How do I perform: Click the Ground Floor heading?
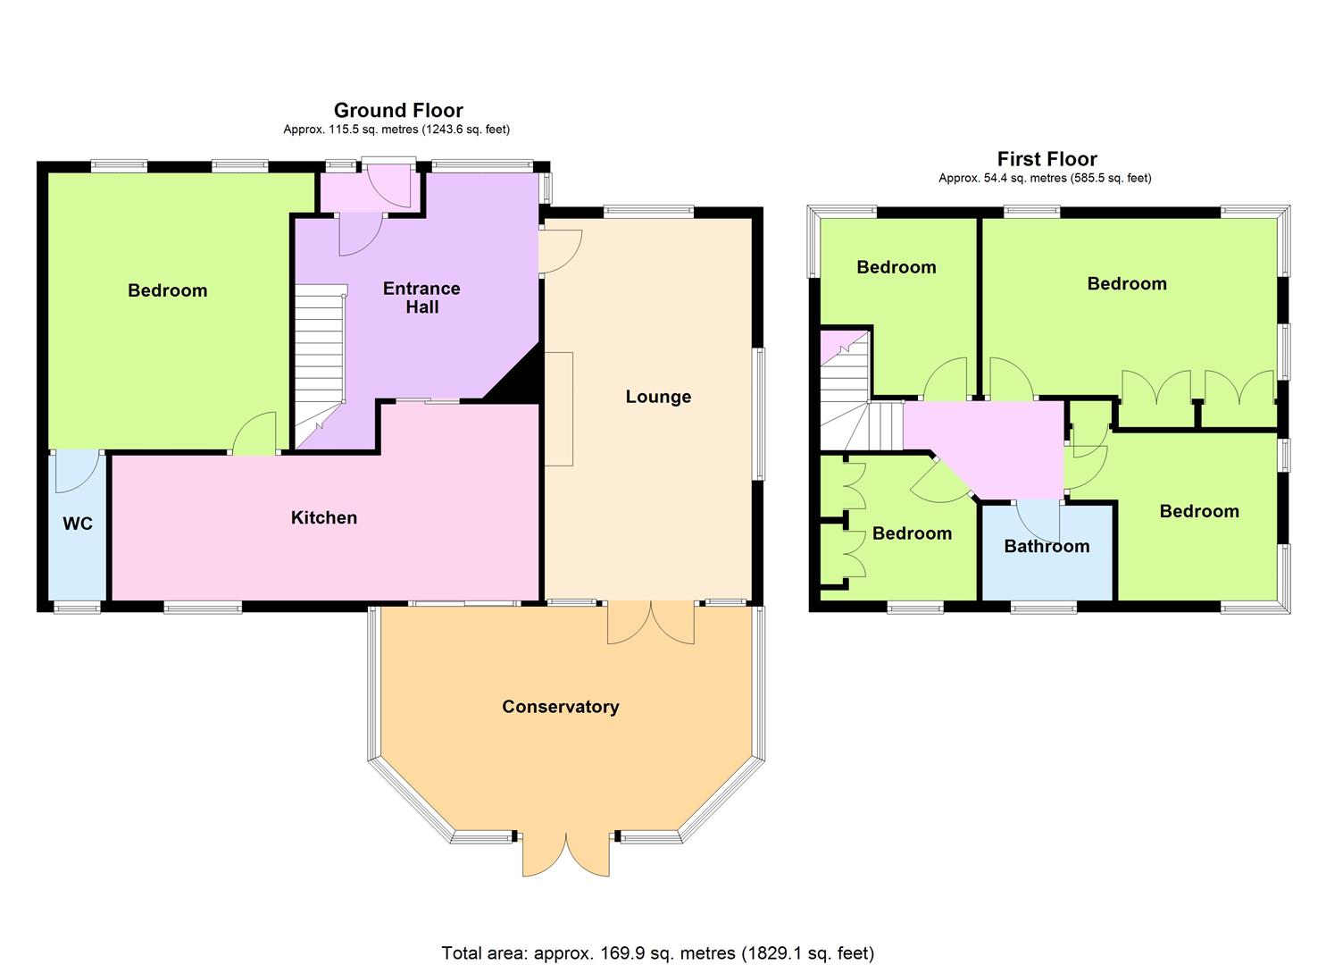pos(398,110)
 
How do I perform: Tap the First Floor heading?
pos(1047,159)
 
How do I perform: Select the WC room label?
pos(78,524)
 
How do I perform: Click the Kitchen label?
pos(324,517)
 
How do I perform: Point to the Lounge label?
pos(658,397)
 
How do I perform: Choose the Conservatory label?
pos(561,706)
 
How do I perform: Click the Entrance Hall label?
pos(421,298)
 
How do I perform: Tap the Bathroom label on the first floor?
pos(1047,546)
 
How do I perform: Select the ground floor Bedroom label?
pos(168,290)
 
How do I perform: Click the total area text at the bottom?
pos(658,919)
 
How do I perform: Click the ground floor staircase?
pos(321,366)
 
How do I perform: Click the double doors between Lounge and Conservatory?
pos(651,622)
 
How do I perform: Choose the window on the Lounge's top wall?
pos(649,211)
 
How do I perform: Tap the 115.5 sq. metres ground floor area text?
pos(396,130)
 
